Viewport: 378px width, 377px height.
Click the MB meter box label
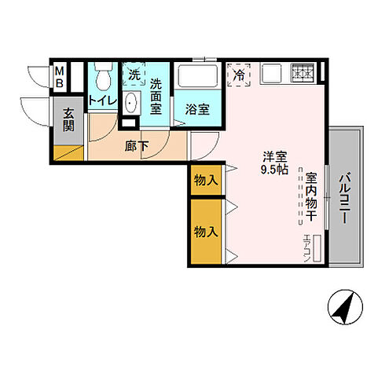click(x=60, y=79)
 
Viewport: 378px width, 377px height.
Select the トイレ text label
click(x=102, y=101)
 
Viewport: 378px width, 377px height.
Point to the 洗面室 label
click(x=156, y=97)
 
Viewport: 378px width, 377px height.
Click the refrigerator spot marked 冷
click(x=238, y=76)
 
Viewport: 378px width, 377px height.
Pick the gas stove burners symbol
click(x=302, y=72)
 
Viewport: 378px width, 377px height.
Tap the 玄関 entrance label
click(x=68, y=120)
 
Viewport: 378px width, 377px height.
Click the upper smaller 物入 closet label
click(x=206, y=181)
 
